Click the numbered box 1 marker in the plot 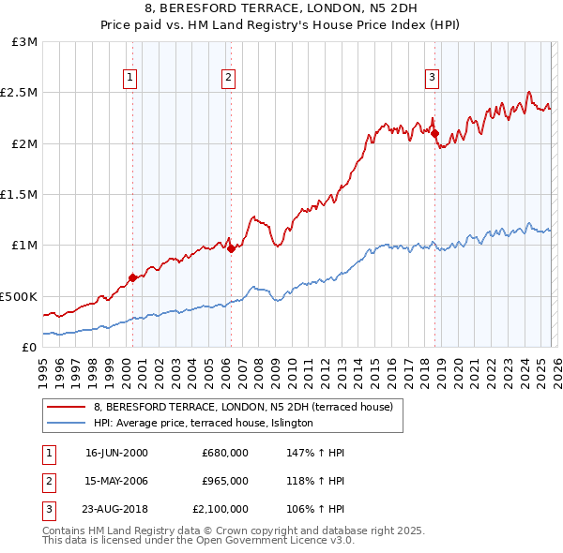[x=129, y=78]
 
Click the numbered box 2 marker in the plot [x=228, y=78]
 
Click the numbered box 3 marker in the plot [x=432, y=78]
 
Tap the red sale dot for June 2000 [x=132, y=277]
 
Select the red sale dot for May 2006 [x=231, y=248]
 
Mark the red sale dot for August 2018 [x=434, y=133]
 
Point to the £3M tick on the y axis [x=25, y=42]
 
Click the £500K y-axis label [x=20, y=296]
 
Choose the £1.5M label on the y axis [x=22, y=195]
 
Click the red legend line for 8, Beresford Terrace [x=66, y=407]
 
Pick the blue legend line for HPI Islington [x=66, y=424]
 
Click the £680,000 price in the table [x=224, y=453]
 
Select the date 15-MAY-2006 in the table [x=116, y=481]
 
